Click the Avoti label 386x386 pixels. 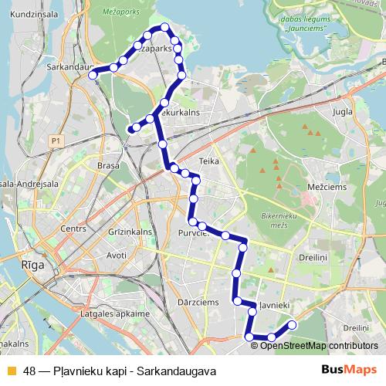pyautogui.click(x=117, y=255)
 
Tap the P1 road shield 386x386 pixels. pyautogui.click(x=54, y=141)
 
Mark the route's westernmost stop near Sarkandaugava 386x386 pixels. pyautogui.click(x=93, y=75)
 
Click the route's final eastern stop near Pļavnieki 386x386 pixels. pyautogui.click(x=292, y=325)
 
